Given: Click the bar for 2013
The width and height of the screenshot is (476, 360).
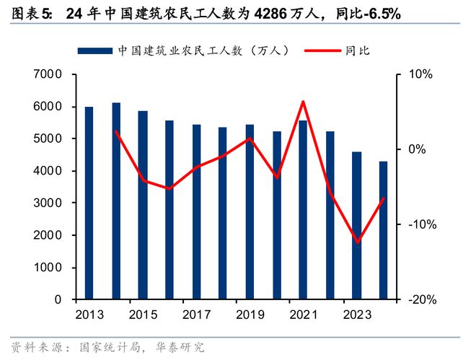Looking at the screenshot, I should [x=89, y=203].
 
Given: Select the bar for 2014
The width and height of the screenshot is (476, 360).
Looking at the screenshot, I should [x=116, y=201].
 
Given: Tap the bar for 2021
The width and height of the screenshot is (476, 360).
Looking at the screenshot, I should [x=303, y=209].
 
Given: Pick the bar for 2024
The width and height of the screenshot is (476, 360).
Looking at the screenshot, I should [x=383, y=230].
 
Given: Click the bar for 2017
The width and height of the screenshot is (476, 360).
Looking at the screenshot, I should [x=196, y=212].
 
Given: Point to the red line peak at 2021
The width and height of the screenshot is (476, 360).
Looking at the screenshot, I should [x=303, y=102].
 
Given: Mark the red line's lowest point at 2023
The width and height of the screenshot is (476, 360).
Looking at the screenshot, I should [x=357, y=242].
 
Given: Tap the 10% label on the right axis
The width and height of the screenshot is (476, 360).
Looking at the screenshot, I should [x=420, y=75].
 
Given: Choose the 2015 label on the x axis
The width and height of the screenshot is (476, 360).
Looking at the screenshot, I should [x=143, y=315].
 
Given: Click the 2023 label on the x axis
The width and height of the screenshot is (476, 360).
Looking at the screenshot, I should [x=357, y=315].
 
